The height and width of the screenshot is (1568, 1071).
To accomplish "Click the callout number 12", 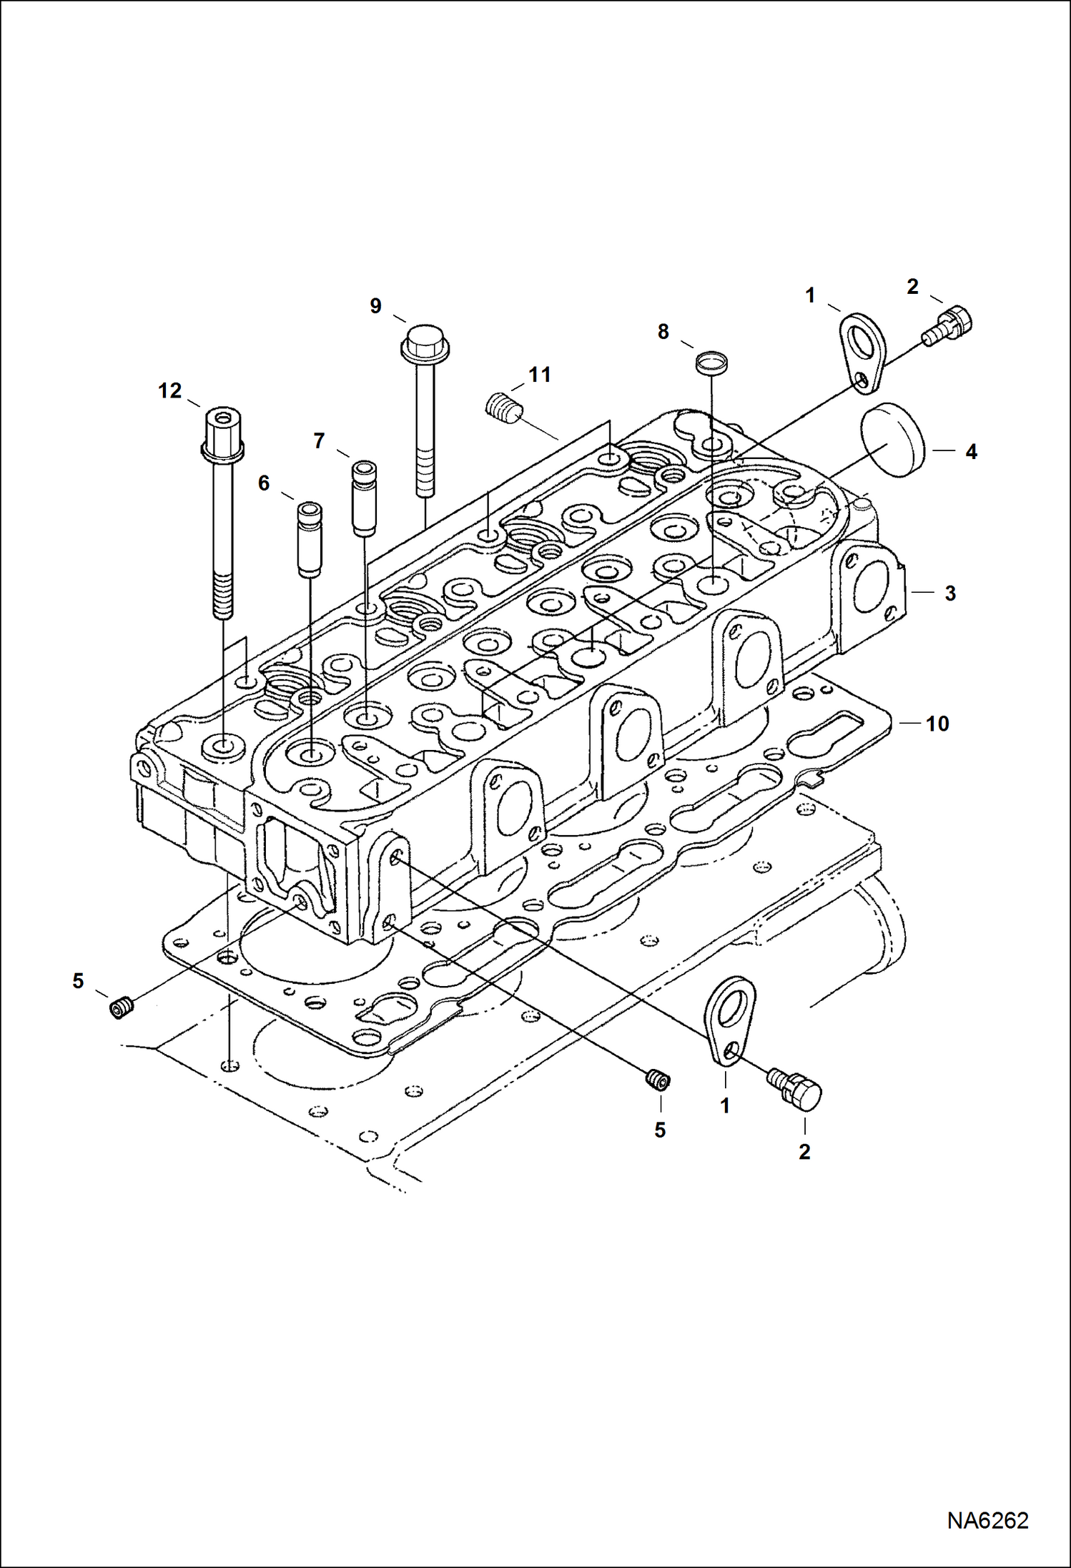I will point(170,391).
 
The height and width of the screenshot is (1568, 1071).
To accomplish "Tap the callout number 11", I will point(540,375).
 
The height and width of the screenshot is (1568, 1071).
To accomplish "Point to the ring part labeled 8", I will point(711,360).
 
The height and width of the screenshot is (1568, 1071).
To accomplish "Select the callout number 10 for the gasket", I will point(937,724).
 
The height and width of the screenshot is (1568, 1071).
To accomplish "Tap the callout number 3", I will point(950,593).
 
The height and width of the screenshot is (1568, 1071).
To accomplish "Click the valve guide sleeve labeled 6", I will point(310,539).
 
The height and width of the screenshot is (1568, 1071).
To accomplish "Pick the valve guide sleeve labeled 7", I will point(365,498).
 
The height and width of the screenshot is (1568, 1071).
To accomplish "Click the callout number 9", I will point(375,306).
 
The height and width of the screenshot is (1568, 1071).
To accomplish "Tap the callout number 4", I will point(971,452).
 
